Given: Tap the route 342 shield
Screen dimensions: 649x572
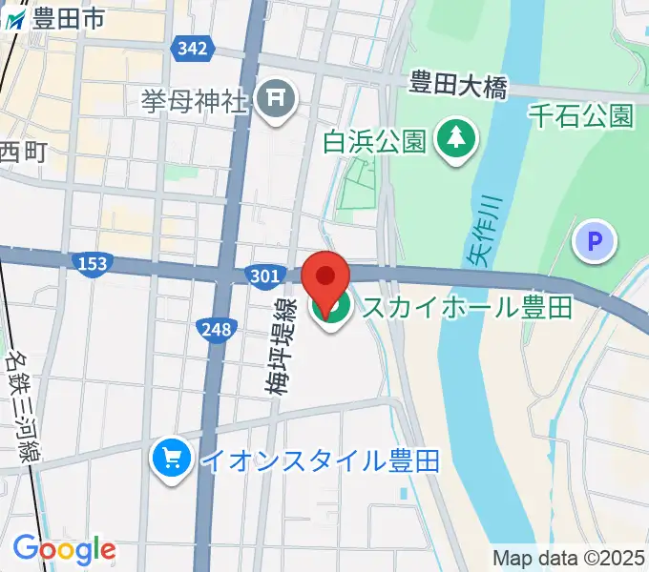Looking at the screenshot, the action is click(193, 49).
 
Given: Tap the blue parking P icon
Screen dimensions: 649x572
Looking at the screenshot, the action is click(596, 242).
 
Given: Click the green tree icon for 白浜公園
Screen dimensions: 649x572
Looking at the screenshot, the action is click(456, 140).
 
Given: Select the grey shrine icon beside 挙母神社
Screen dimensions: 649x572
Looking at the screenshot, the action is click(278, 99).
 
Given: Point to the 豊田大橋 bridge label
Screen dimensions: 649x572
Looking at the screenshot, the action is click(457, 82).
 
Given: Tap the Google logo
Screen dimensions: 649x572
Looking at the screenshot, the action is click(64, 549).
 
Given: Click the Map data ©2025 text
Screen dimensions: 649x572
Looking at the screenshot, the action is click(569, 557).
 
